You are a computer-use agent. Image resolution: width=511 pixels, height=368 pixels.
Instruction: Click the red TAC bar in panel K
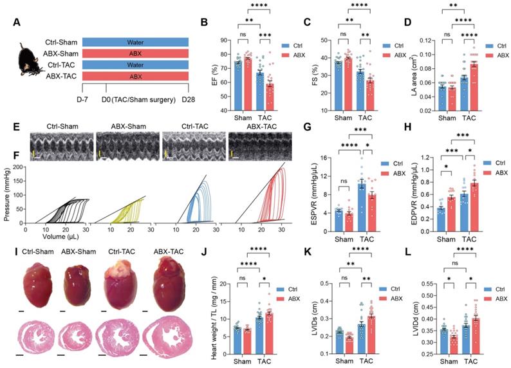point(371,327)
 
